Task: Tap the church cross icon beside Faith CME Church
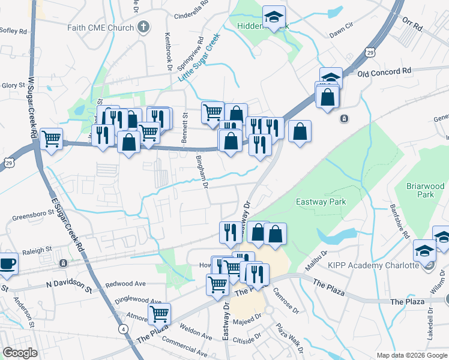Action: pos(143,26)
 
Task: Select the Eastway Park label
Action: pos(321,202)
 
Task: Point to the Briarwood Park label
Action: pos(424,190)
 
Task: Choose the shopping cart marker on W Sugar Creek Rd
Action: pos(51,139)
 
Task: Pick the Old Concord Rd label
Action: pos(384,72)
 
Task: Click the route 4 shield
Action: pos(122,329)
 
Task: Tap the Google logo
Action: pos(20,353)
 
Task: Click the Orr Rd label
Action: pos(414,25)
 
